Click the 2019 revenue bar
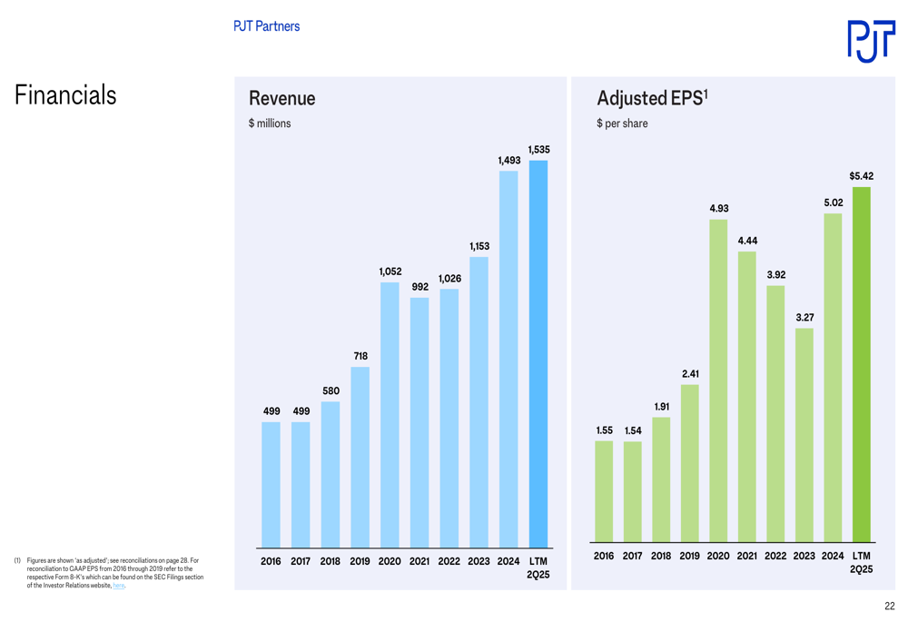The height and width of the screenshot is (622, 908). [x=360, y=456]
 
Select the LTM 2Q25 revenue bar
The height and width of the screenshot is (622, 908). [x=538, y=354]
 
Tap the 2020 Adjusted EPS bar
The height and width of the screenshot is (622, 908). [x=718, y=380]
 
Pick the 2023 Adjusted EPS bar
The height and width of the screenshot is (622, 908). [x=804, y=435]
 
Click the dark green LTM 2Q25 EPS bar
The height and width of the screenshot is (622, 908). [x=862, y=364]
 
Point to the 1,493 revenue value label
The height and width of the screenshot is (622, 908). [x=508, y=160]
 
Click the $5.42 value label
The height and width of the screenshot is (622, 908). [x=861, y=175]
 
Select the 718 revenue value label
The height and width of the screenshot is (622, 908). [x=360, y=356]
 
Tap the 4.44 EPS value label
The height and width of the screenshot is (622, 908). [x=747, y=241]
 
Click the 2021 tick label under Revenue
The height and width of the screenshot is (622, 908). [x=419, y=561]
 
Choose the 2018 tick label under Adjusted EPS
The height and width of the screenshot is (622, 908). [x=661, y=556]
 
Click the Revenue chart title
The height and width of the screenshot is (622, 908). [x=281, y=98]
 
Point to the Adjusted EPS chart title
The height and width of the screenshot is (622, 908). [x=652, y=98]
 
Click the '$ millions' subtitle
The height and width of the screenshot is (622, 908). [x=270, y=123]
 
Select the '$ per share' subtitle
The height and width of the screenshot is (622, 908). [x=622, y=123]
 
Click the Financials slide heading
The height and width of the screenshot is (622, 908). [x=65, y=95]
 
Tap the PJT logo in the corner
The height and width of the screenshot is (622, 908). [x=870, y=41]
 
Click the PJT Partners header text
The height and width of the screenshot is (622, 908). [x=266, y=26]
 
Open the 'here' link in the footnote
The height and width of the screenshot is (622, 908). [x=119, y=586]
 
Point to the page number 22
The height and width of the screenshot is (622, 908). [x=889, y=606]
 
